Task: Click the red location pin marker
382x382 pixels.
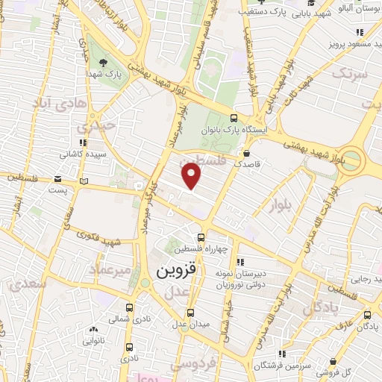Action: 192,176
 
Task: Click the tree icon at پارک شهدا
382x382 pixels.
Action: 102,63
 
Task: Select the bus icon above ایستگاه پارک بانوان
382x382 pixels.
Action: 234,118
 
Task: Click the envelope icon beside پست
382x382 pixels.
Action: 58,178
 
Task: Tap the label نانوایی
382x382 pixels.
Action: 94,340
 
